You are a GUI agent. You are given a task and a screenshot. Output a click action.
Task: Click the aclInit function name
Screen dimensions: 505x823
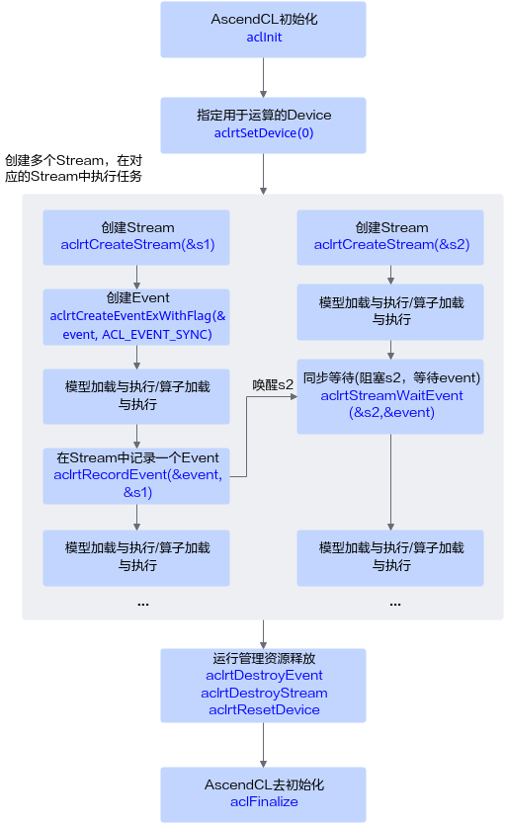point(264,38)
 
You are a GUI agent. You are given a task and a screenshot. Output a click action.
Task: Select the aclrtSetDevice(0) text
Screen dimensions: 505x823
point(264,132)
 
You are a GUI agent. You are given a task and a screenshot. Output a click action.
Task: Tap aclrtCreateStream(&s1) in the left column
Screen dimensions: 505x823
point(137,244)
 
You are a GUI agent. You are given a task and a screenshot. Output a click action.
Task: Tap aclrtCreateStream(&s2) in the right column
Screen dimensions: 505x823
point(391,244)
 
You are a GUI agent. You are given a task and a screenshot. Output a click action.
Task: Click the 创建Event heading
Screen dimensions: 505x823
point(137,297)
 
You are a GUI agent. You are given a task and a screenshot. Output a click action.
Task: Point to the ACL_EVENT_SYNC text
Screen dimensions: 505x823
point(157,334)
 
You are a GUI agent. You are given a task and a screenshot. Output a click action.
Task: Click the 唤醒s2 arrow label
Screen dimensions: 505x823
point(273,384)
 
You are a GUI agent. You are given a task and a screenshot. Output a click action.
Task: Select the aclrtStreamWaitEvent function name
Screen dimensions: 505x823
point(391,395)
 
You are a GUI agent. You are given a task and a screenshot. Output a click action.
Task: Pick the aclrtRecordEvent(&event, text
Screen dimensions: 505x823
point(137,474)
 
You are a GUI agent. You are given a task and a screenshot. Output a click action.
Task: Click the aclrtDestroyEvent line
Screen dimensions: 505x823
point(264,675)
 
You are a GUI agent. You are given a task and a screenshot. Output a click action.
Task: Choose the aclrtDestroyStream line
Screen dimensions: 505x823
point(264,693)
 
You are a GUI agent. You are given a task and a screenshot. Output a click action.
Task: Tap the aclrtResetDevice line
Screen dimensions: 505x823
point(264,709)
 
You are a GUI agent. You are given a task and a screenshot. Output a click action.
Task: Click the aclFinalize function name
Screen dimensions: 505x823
point(264,801)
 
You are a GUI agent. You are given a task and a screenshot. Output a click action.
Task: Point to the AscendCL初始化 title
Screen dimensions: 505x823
point(264,19)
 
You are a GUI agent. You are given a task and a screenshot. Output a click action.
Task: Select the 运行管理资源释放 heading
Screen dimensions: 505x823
point(264,658)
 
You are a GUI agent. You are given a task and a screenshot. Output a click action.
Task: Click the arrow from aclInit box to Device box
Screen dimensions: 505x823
point(263,77)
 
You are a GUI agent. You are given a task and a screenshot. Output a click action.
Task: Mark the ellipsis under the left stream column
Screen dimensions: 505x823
point(142,605)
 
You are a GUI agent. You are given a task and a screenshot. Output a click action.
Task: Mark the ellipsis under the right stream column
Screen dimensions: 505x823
point(395,605)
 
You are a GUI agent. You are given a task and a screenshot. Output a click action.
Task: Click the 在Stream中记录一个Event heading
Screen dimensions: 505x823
point(137,457)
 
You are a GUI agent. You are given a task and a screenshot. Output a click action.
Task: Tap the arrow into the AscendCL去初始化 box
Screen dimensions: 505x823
point(263,745)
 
